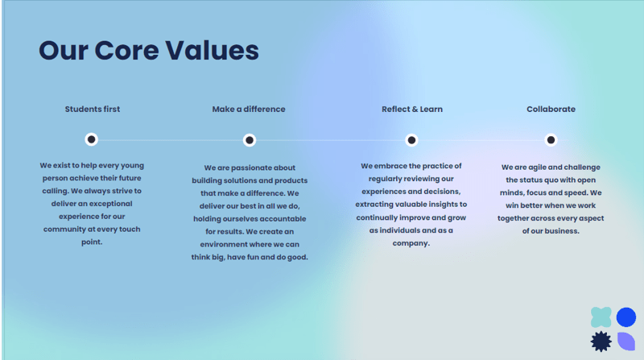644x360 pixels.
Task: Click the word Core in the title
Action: (126, 51)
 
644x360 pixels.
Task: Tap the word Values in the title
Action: (212, 51)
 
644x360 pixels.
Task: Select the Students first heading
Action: (93, 109)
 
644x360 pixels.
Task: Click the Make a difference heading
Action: (249, 109)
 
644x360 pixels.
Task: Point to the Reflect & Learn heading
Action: (412, 109)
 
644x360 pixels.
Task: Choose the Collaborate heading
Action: (551, 109)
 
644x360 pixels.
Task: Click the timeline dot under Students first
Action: (92, 139)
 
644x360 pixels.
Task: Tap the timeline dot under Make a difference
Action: (250, 140)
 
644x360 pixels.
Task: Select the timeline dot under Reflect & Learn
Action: (411, 140)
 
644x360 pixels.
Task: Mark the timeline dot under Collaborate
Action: (551, 140)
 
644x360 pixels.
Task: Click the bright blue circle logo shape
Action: (626, 317)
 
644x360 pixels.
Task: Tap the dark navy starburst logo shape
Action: (601, 341)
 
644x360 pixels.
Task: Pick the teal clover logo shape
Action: (601, 317)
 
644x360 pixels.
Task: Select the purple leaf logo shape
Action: (626, 341)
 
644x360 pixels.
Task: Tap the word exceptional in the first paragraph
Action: (111, 204)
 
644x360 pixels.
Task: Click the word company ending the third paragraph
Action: (410, 243)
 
